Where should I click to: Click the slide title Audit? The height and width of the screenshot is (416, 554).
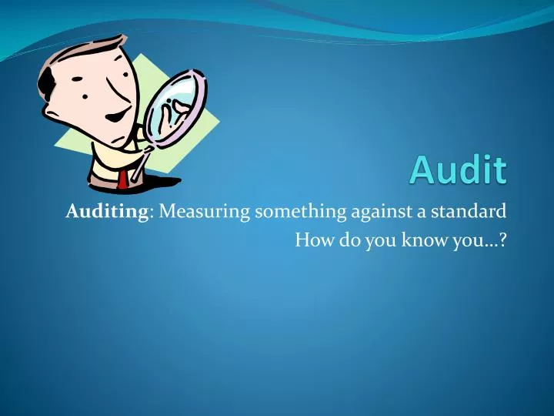[x=458, y=169]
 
